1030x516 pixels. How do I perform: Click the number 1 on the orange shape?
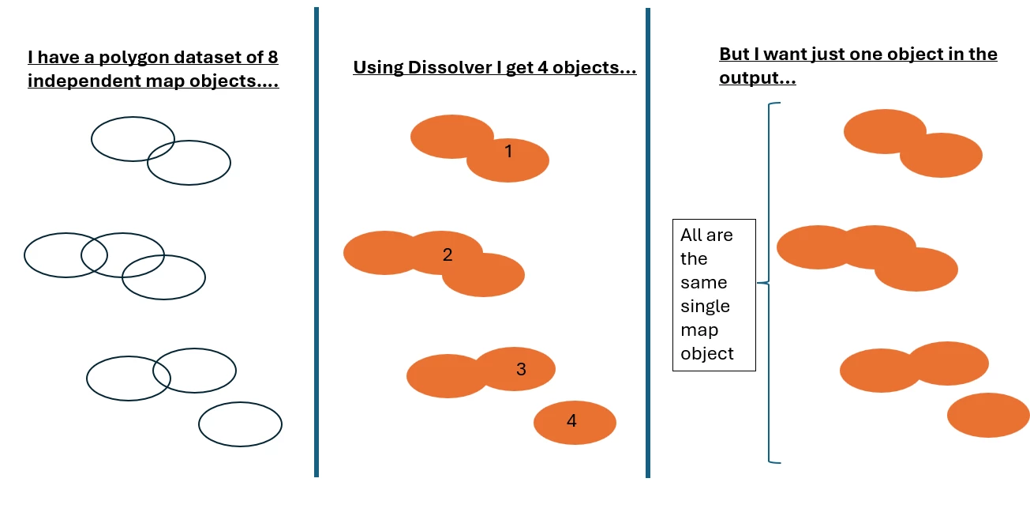(x=508, y=151)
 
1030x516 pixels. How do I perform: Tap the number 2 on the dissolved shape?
(x=448, y=254)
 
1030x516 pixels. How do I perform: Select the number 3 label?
(x=521, y=369)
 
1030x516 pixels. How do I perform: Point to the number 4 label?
(x=571, y=421)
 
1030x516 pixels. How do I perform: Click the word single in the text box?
(x=705, y=306)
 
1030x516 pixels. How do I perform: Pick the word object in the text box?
(x=707, y=353)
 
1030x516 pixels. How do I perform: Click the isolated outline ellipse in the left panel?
(x=240, y=424)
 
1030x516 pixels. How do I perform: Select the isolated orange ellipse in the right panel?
(x=988, y=415)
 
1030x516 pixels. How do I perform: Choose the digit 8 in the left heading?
(x=272, y=58)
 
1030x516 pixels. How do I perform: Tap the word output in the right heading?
(x=749, y=79)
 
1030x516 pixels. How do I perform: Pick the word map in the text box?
(x=699, y=330)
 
